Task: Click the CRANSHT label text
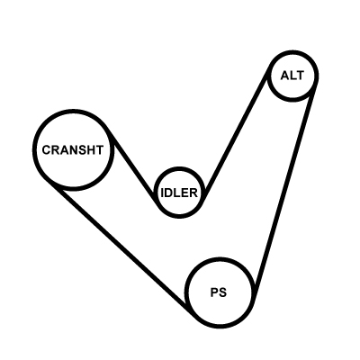73,150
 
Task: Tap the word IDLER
179,193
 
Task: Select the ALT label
292,76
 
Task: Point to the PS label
219,292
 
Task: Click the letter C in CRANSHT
47,150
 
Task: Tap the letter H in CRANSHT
91,150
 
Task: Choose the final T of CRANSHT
100,150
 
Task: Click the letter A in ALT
285,76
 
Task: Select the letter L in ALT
293,76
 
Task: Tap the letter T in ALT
300,76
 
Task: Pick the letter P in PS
214,292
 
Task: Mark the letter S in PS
222,292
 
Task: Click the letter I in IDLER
162,193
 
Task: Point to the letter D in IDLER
169,193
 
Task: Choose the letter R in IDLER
193,193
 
